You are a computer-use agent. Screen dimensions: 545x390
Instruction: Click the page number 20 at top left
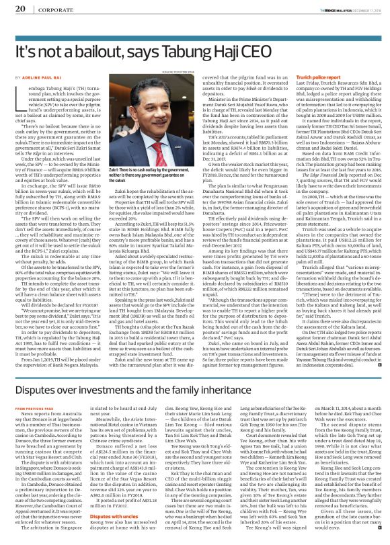click(19, 9)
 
